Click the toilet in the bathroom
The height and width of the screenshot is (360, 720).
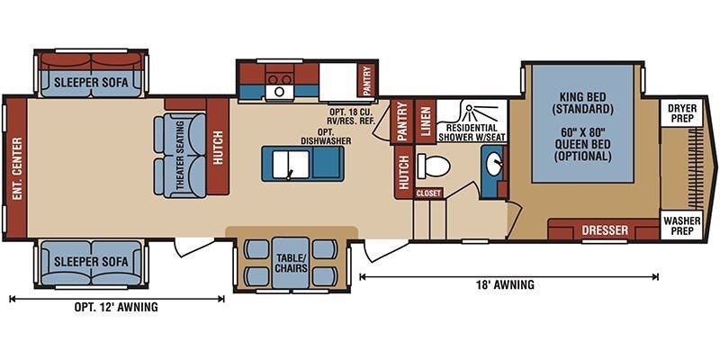tap(433, 166)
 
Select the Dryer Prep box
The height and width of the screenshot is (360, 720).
tap(682, 112)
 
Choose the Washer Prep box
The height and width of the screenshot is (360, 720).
tap(682, 225)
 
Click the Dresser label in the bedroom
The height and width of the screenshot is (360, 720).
tap(605, 230)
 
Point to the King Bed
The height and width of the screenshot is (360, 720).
tap(582, 124)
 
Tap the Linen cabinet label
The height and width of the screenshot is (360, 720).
tap(426, 121)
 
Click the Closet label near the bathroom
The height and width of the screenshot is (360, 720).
tap(429, 193)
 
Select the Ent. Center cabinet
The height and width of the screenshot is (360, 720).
tap(17, 168)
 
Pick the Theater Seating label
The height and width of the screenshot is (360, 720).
tap(180, 156)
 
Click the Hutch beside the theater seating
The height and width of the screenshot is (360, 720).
tap(218, 147)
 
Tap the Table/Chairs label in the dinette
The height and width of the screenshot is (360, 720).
tap(291, 263)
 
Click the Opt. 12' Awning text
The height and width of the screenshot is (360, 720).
tap(116, 307)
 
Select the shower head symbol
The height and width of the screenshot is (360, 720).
tap(469, 108)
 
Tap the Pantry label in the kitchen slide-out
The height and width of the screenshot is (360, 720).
tap(366, 80)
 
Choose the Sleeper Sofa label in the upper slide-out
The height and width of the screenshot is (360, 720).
tap(91, 83)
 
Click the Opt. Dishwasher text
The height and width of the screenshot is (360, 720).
tap(326, 137)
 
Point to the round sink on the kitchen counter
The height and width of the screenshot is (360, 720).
tap(279, 92)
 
